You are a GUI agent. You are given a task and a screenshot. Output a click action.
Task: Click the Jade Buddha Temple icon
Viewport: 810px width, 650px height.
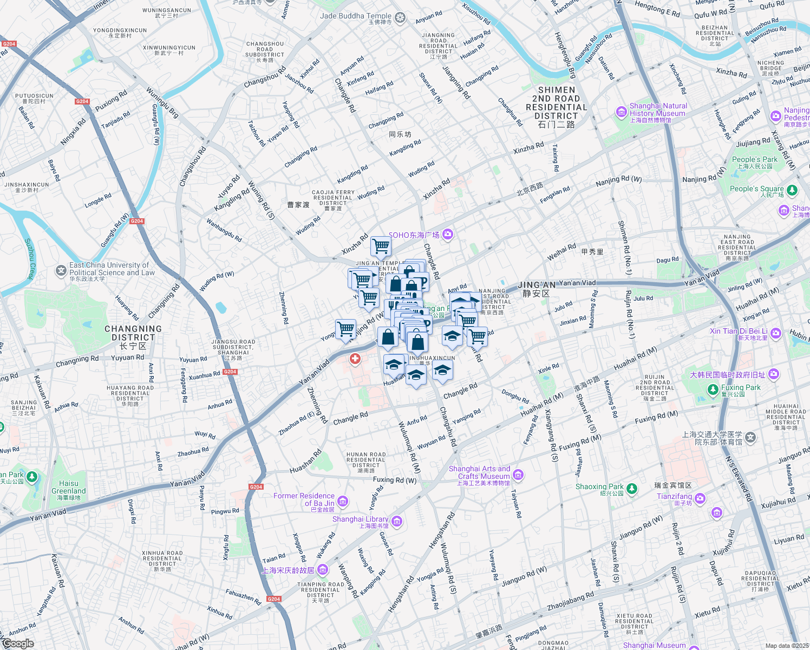pos(400,18)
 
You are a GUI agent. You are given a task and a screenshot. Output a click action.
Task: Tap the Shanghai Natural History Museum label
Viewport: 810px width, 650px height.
pos(658,110)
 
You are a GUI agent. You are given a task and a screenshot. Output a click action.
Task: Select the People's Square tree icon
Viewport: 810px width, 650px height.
pos(792,190)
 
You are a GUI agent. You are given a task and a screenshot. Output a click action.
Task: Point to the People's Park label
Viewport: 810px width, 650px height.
pos(754,160)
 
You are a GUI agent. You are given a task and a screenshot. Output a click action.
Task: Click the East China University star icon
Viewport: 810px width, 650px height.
pos(61,270)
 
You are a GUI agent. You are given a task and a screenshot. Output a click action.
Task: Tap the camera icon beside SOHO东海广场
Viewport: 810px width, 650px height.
pos(447,234)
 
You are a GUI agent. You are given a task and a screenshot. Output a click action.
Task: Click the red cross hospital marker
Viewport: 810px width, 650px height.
pos(355,359)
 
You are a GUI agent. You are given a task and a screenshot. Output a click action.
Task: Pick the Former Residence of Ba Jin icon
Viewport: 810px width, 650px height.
pos(342,501)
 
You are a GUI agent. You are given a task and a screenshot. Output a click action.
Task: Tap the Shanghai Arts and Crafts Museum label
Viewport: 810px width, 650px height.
pos(479,473)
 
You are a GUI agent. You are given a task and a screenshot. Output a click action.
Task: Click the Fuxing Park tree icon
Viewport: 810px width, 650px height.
pos(714,389)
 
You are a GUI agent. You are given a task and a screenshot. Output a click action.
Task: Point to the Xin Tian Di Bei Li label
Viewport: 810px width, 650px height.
pos(739,331)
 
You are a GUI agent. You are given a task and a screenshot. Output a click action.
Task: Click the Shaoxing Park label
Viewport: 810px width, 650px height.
pos(599,487)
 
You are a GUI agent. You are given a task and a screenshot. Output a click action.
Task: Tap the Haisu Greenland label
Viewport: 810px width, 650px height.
pos(69,487)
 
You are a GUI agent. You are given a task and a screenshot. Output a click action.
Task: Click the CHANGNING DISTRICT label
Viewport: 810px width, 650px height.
pos(133,333)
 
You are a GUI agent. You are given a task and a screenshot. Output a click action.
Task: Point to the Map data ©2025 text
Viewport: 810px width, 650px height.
pos(787,645)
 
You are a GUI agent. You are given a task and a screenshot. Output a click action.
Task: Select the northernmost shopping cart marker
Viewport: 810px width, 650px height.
pos(381,246)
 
